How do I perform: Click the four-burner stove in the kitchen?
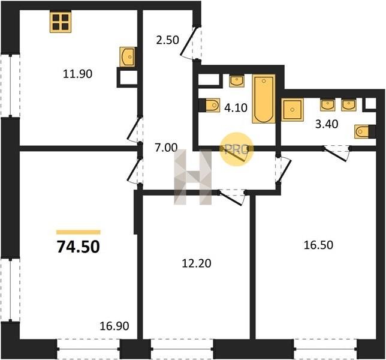tap(61, 22)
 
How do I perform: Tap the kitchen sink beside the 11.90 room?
tap(128, 56)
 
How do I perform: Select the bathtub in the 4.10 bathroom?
tap(264, 99)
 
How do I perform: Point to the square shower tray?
tap(292, 109)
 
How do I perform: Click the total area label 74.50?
tap(79, 247)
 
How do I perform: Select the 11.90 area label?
tap(77, 74)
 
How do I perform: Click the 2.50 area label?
tap(167, 40)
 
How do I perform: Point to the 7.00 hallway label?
tap(166, 148)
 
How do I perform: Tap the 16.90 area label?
tap(114, 326)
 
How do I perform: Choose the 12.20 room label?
tap(197, 263)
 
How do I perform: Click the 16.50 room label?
tap(318, 245)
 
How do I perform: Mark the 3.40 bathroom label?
tap(327, 124)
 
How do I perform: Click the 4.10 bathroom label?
tap(236, 107)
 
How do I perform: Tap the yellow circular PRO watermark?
tap(236, 149)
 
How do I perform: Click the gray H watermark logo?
tap(193, 177)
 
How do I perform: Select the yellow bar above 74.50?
tap(79, 232)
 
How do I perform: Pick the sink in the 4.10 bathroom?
tap(237, 81)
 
